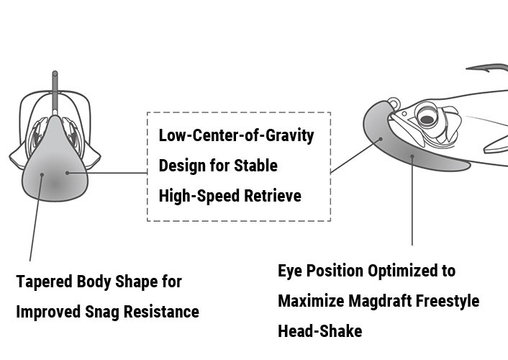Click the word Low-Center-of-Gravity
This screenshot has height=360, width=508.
tap(236, 135)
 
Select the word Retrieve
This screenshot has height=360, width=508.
tap(273, 196)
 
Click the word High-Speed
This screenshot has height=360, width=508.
tap(199, 197)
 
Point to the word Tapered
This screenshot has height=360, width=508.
tap(44, 282)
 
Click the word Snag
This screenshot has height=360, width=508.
tap(102, 312)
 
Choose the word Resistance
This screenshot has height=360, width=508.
tap(161, 312)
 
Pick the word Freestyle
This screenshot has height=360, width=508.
tap(447, 301)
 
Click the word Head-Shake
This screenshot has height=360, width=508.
tap(320, 330)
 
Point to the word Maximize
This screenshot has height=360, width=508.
tap(311, 301)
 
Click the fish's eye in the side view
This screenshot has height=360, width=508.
tap(427, 117)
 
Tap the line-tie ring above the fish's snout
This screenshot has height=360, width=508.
tap(393, 104)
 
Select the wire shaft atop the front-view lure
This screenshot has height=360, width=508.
tap(55, 92)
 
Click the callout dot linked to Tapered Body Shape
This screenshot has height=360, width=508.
tap(42, 175)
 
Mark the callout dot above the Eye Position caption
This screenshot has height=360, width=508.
tap(412, 156)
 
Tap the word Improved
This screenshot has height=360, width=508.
tap(48, 312)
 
